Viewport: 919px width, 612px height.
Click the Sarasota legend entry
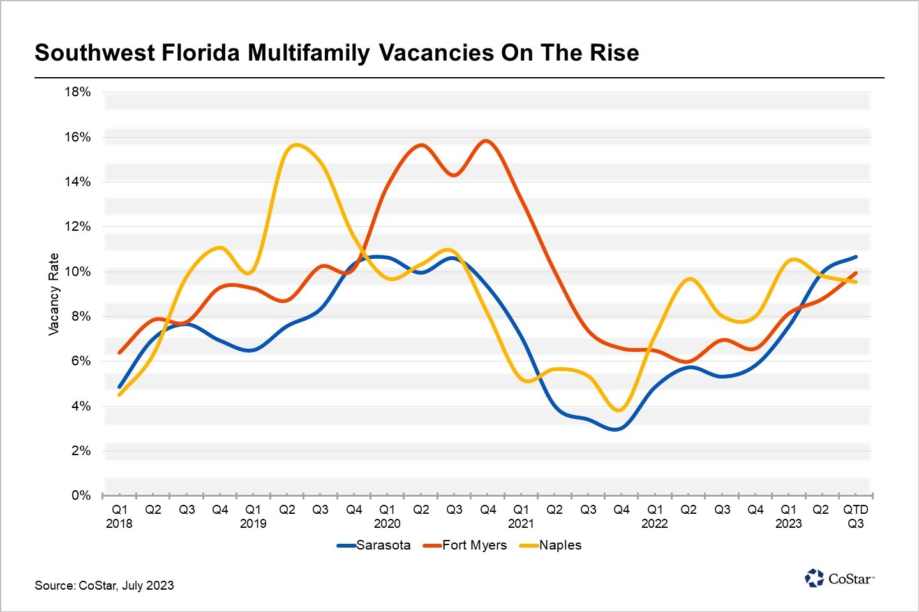tap(375, 545)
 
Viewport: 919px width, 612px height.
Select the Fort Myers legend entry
tap(466, 545)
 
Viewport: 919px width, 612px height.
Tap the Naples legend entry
tap(552, 545)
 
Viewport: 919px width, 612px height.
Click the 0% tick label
tap(81, 495)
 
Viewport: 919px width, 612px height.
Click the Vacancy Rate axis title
tap(54, 294)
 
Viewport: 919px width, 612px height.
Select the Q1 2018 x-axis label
tap(119, 516)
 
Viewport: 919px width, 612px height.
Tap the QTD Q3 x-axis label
tap(855, 516)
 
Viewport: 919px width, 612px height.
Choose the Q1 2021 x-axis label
tap(521, 516)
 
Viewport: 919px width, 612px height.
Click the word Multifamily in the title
tap(309, 52)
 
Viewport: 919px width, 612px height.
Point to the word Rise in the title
tap(615, 52)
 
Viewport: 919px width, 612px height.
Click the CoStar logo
tap(839, 578)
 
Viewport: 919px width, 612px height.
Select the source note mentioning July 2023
tap(104, 585)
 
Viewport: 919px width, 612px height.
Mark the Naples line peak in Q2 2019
tap(295, 145)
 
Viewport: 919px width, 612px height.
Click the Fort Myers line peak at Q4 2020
tap(486, 140)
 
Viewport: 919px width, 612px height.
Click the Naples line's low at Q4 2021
tap(618, 410)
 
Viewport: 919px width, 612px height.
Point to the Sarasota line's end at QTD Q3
tap(855, 257)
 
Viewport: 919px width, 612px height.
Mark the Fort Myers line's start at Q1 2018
tap(119, 353)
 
